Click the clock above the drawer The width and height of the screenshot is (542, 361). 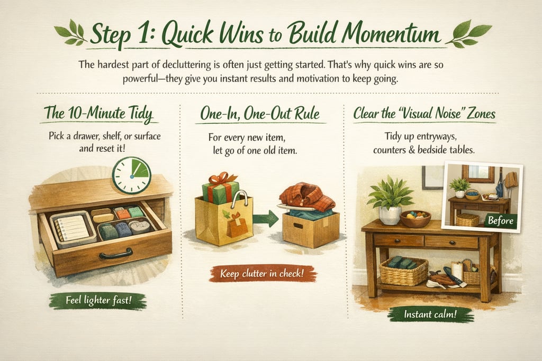132,175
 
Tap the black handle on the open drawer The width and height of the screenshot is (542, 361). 116,254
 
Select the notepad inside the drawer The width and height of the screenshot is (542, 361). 73,228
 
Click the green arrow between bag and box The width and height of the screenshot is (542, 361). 266,219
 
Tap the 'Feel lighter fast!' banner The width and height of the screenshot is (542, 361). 98,300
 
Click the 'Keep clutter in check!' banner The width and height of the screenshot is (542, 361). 262,274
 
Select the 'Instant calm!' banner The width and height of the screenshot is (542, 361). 430,314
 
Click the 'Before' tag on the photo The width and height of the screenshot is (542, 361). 500,220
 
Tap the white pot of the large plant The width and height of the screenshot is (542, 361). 390,215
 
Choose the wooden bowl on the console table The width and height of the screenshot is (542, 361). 415,219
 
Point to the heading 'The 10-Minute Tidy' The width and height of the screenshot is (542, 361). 98,114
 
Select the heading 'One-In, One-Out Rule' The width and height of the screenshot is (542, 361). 260,114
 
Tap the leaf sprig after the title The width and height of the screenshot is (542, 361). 469,33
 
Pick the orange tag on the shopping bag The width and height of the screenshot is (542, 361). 237,225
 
